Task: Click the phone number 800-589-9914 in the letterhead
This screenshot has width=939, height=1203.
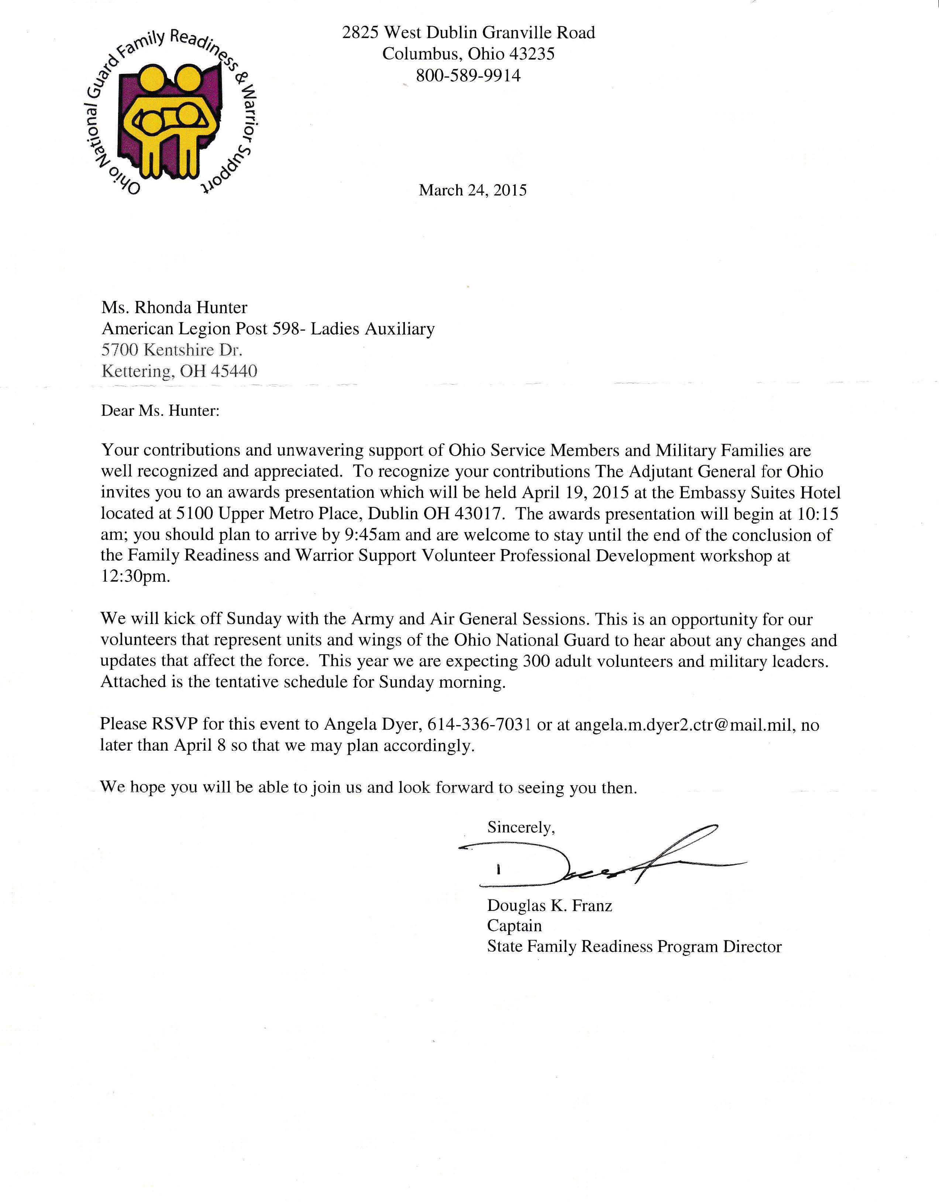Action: pyautogui.click(x=468, y=75)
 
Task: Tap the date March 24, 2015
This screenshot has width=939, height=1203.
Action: pyautogui.click(x=472, y=191)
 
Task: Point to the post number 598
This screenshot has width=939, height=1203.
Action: pyautogui.click(x=286, y=329)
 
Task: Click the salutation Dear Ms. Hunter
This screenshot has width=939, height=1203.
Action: pyautogui.click(x=160, y=411)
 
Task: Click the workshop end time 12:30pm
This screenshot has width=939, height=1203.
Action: pyautogui.click(x=135, y=577)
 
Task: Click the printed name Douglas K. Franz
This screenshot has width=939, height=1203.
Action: pyautogui.click(x=550, y=905)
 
